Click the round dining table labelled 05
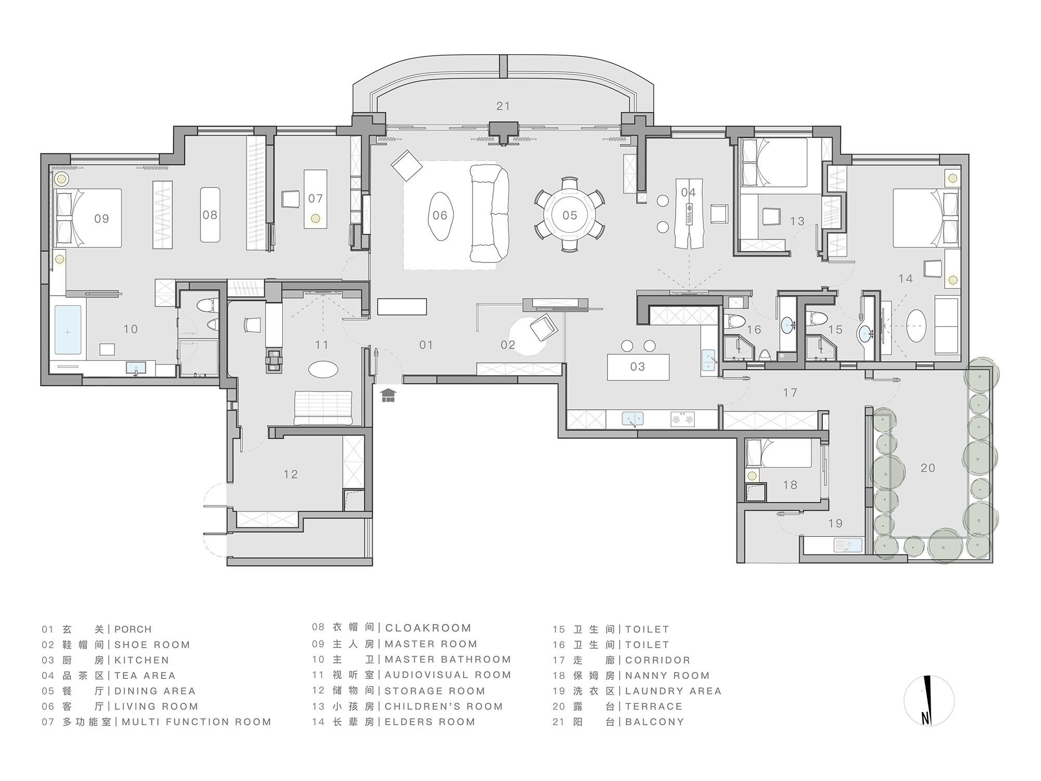click(x=569, y=215)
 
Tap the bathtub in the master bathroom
click(x=68, y=331)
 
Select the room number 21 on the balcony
click(x=503, y=106)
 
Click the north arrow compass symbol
click(x=929, y=700)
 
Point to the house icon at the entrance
click(x=388, y=395)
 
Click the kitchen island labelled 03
click(x=638, y=367)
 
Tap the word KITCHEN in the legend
click(x=142, y=660)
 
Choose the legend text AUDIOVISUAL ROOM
click(x=448, y=675)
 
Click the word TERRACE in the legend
click(x=653, y=706)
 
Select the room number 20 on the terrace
click(x=928, y=468)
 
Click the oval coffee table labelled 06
click(x=440, y=215)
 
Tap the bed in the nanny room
click(x=779, y=453)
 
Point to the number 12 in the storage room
click(x=290, y=474)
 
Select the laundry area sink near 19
click(x=848, y=545)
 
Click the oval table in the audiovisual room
click(x=323, y=369)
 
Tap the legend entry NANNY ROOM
click(x=667, y=675)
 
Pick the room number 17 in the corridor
click(x=790, y=393)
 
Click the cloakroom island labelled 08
click(x=210, y=215)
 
